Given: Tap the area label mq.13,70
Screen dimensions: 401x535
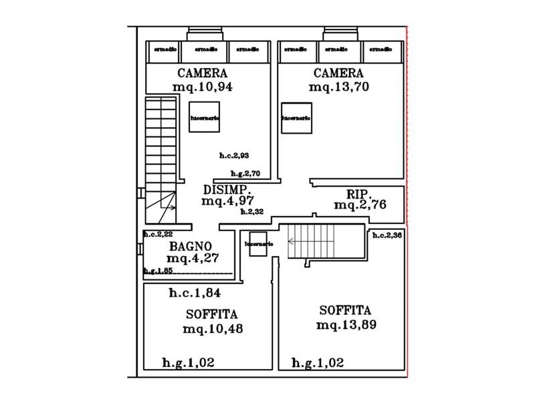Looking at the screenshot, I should pos(339,87).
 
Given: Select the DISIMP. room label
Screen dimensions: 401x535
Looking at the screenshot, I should pos(227,189).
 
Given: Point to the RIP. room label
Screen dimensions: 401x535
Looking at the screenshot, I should pos(358,194).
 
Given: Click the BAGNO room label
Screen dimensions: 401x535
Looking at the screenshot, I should pos(191,246).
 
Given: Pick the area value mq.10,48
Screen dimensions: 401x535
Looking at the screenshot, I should pos(212,329).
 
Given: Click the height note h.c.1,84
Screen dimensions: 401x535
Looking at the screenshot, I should pos(195,293).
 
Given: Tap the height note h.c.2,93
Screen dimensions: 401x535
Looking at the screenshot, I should pos(234,156).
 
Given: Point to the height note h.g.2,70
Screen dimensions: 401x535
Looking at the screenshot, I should pos(245,174).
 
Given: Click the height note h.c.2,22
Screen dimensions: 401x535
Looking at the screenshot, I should pos(158,234).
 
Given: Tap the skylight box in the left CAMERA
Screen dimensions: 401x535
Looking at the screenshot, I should pos(205,117).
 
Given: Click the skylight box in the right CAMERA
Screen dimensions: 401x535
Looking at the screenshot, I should pos(296,118).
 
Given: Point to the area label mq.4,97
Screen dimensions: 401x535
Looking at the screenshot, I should pos(228,200).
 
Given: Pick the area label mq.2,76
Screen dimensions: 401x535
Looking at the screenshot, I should pos(360,205).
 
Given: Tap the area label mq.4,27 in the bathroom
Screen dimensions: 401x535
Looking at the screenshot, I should pos(193,258).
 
